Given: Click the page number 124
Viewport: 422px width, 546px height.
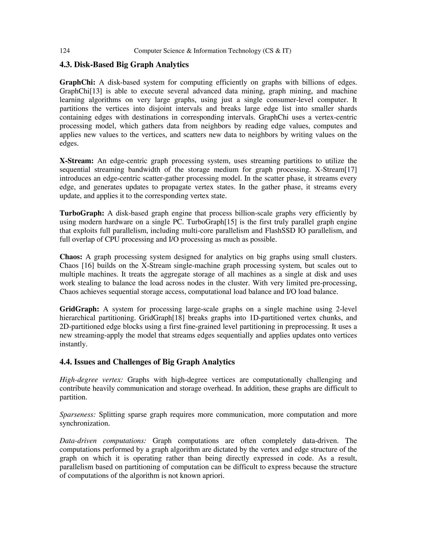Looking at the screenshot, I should (64, 51).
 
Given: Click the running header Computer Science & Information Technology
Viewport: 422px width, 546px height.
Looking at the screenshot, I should (212, 51).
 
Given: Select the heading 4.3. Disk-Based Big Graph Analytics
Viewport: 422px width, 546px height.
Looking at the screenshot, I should (124, 64).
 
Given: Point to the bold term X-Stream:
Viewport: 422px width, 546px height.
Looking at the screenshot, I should (76, 161).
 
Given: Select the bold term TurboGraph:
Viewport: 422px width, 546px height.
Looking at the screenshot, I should (82, 213).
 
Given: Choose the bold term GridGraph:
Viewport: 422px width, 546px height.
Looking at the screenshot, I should (80, 309).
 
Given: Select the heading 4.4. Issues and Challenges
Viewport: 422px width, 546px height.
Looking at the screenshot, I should (147, 362).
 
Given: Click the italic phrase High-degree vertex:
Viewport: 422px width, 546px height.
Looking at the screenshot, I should (91, 380).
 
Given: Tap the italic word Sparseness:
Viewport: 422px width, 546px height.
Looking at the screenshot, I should (77, 415).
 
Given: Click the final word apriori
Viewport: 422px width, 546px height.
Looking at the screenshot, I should (214, 476).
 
